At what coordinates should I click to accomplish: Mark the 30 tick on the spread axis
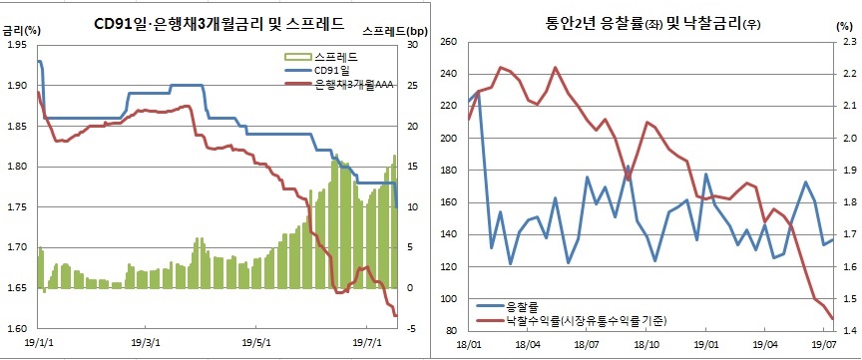tap(412, 45)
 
